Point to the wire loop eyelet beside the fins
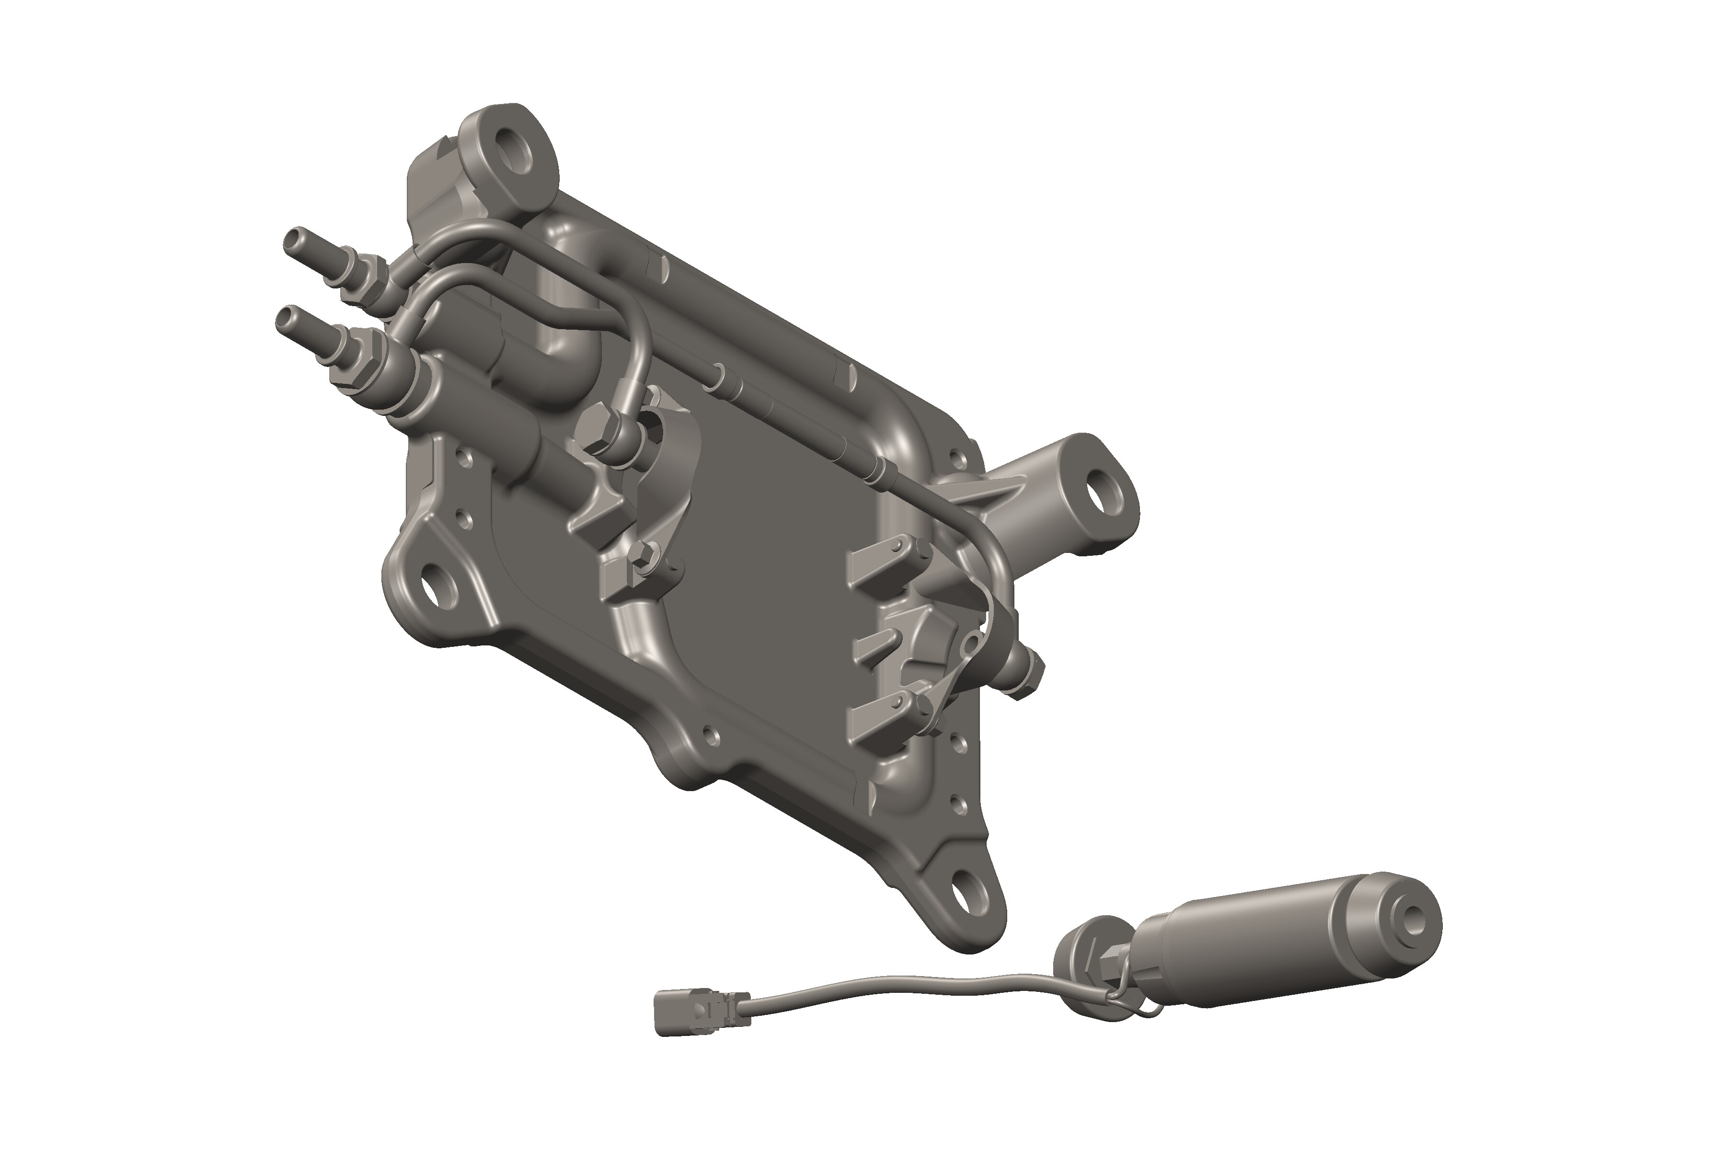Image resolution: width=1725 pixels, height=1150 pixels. click(x=972, y=645)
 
